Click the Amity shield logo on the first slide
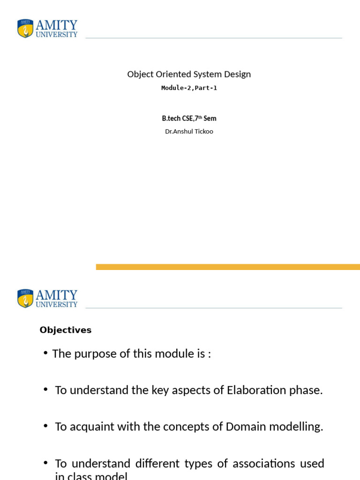click(25, 29)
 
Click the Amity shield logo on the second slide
click(25, 299)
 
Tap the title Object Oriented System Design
click(189, 74)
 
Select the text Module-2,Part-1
click(189, 88)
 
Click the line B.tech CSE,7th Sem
click(189, 119)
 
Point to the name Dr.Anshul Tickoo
click(189, 131)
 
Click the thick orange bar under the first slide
click(228, 267)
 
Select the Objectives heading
click(66, 330)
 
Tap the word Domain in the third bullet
click(244, 427)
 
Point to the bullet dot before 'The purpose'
click(45, 352)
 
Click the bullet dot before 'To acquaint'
click(45, 426)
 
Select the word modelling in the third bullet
click(293, 427)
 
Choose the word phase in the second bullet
click(308, 390)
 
